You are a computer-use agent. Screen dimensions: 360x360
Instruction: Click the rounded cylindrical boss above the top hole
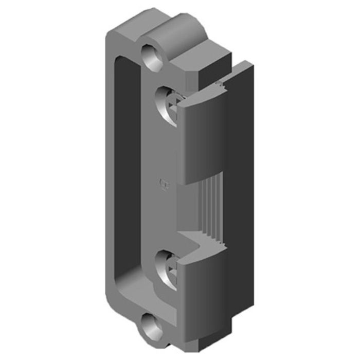pos(170,31)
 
